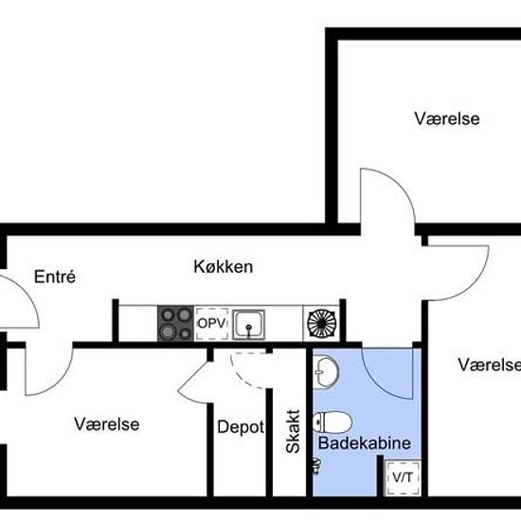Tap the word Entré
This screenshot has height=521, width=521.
[x=54, y=278]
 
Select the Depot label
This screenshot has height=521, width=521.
[x=240, y=427]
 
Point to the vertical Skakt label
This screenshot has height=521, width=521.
[x=293, y=431]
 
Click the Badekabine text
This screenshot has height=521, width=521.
[x=350, y=442]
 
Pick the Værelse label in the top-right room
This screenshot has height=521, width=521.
[x=447, y=119]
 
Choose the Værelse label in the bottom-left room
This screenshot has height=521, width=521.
[x=107, y=424]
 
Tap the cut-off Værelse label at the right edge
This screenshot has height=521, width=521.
[x=489, y=365]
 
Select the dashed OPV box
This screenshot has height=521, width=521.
[x=212, y=323]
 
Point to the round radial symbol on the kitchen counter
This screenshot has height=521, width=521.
[x=320, y=324]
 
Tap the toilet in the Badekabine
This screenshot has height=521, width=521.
[x=336, y=420]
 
